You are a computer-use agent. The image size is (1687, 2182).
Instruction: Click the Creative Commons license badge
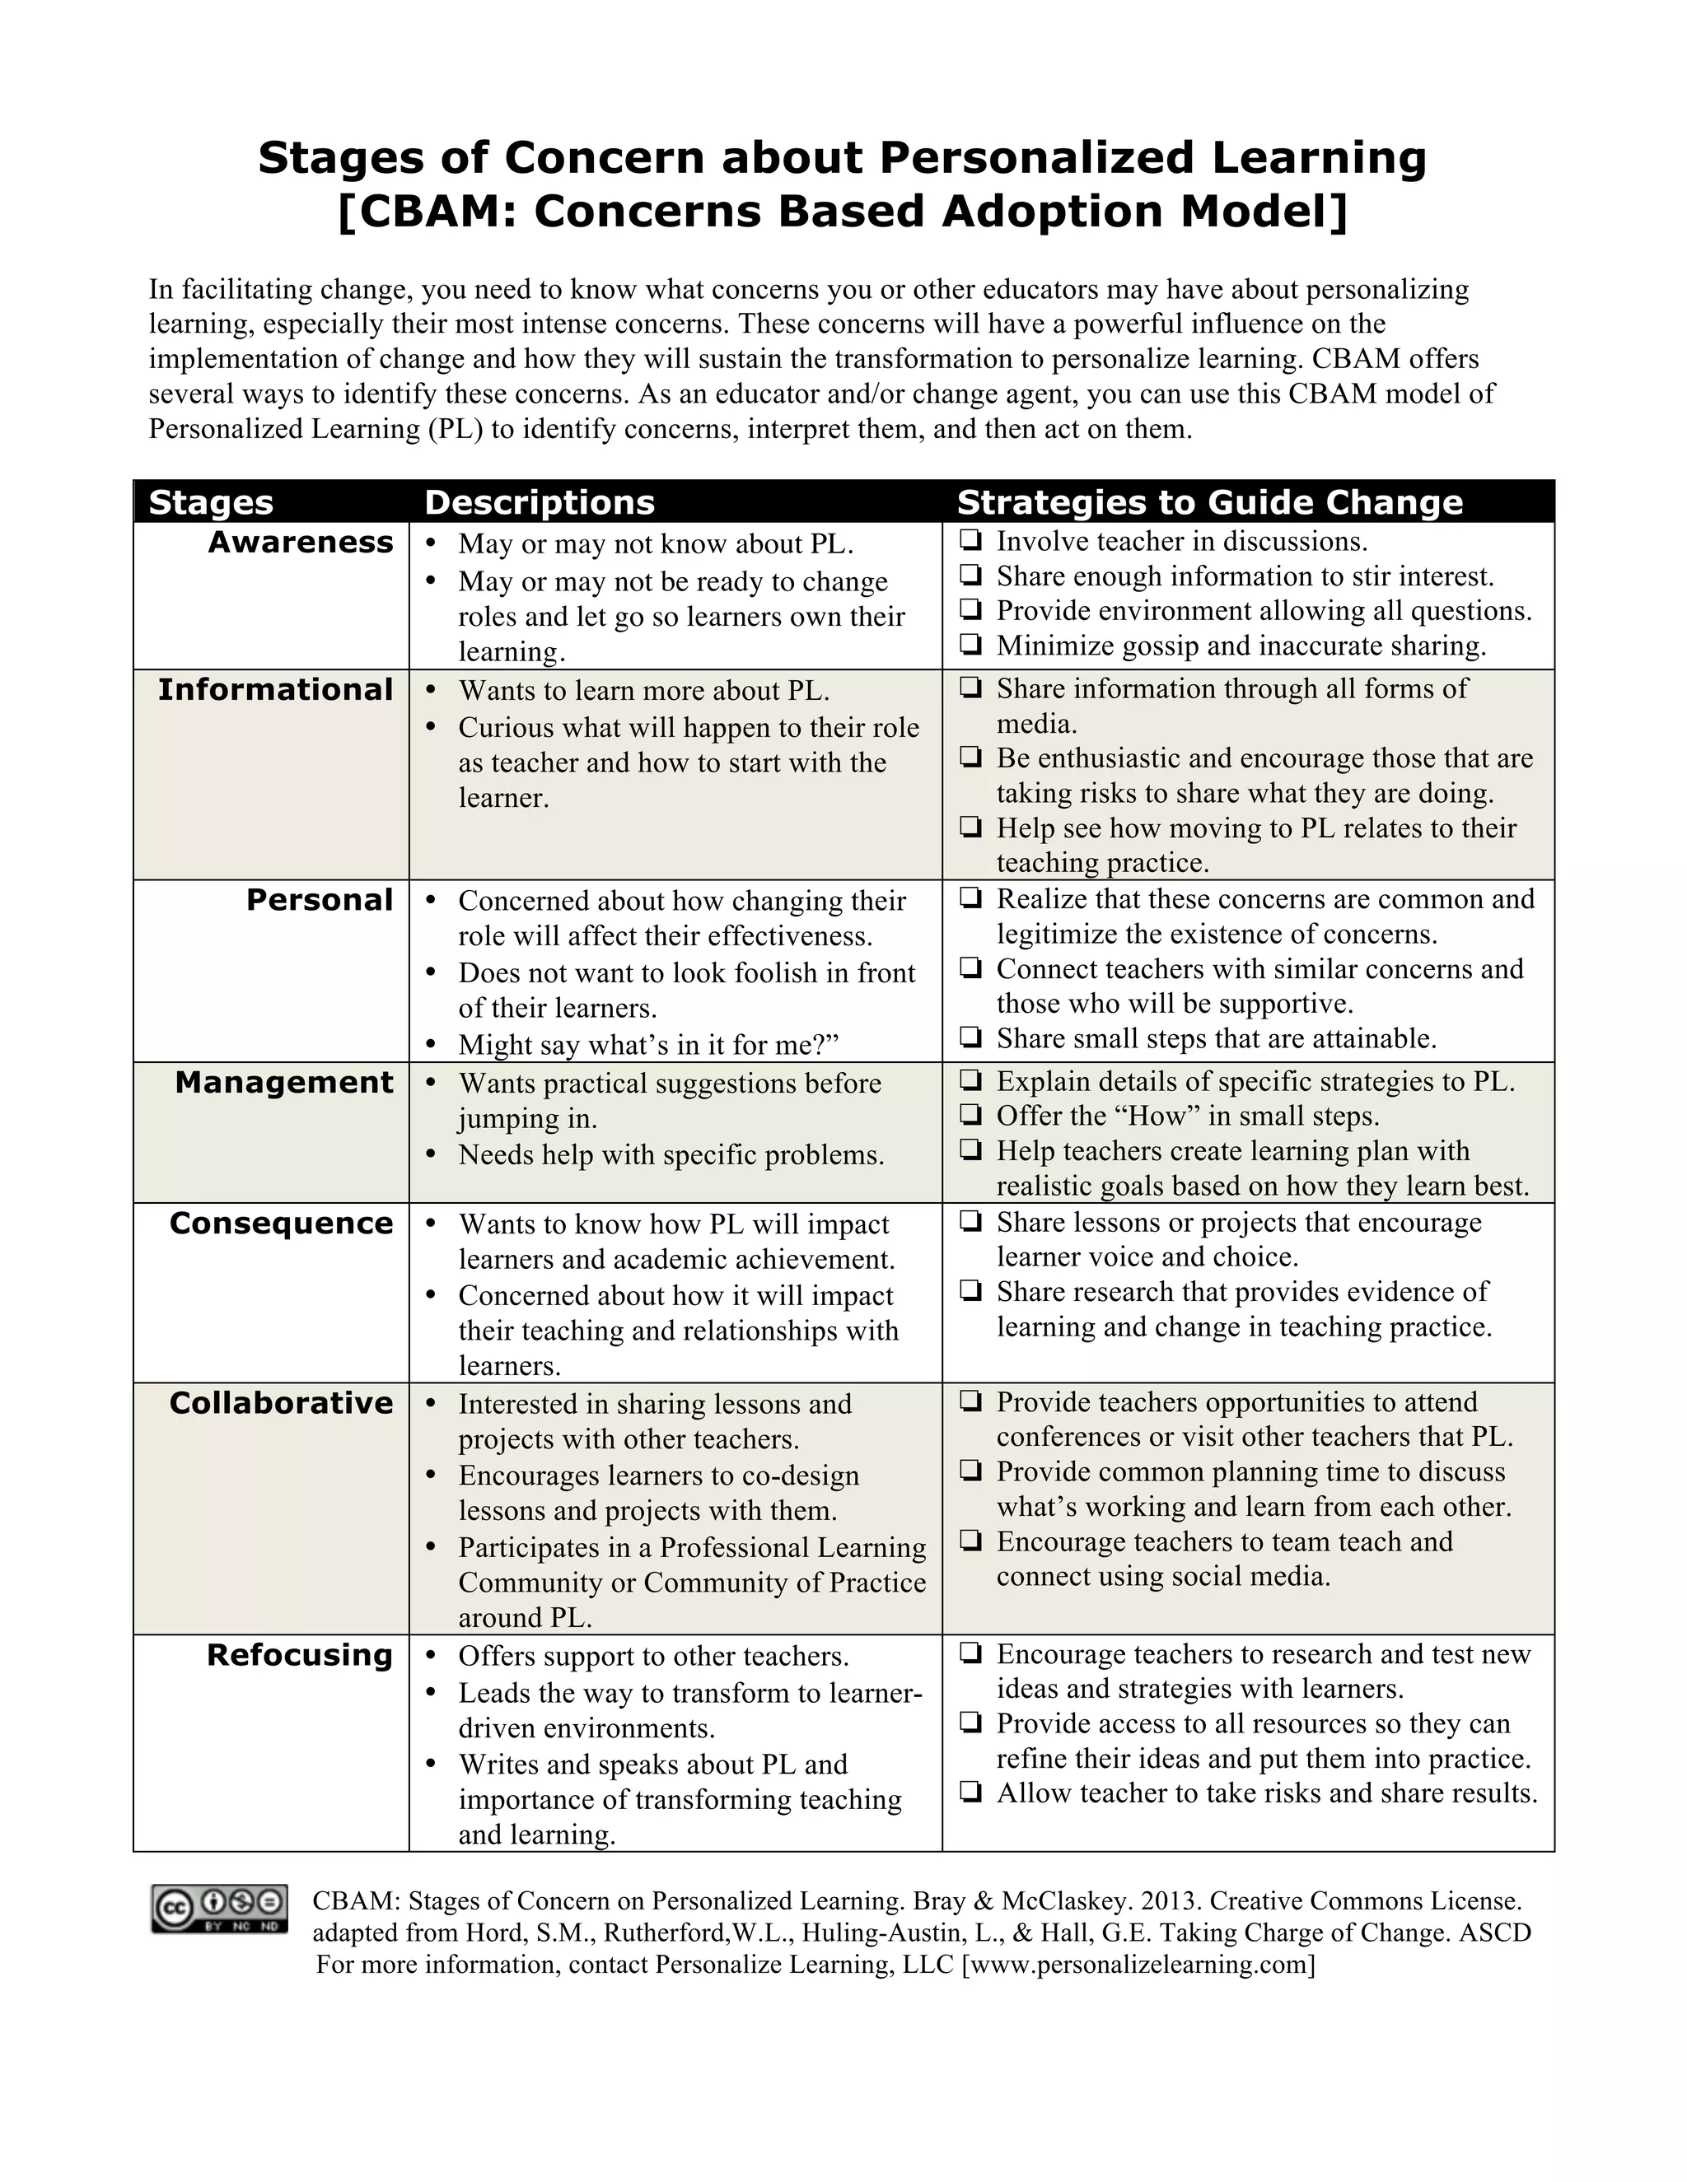coord(219,1909)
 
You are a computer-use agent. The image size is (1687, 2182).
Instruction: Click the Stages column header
coord(211,502)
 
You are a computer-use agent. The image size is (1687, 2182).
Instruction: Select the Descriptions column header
coord(540,502)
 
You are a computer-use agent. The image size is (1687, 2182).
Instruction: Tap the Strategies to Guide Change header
coord(1209,502)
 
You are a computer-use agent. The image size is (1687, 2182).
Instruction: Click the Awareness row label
coord(301,543)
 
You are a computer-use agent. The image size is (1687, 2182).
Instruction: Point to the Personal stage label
coord(320,900)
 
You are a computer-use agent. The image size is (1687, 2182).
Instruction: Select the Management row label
coord(285,1083)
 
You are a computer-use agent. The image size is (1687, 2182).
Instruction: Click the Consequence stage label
coord(282,1224)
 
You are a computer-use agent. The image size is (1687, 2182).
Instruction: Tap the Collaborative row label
coord(282,1404)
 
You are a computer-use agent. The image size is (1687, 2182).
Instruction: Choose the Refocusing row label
coord(300,1656)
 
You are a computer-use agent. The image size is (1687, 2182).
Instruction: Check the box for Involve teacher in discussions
coord(970,542)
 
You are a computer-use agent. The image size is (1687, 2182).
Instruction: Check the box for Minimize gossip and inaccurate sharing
coord(970,646)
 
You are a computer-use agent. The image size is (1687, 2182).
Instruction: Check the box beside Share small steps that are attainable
coord(970,1038)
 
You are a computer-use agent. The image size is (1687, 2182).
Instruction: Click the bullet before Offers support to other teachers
coord(432,1657)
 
